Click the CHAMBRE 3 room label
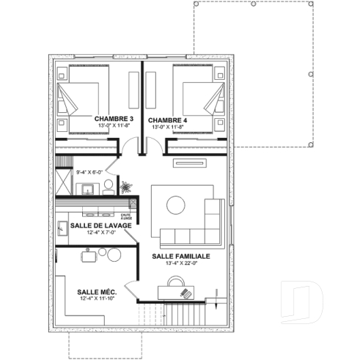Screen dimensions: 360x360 tap(113, 118)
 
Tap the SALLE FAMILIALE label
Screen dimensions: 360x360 tap(181, 256)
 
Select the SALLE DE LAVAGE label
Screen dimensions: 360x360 tap(101, 225)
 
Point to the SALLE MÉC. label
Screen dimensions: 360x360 tap(97, 291)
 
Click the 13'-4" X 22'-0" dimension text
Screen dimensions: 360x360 tap(181, 264)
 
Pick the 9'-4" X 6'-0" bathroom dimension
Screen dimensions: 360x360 tap(89, 172)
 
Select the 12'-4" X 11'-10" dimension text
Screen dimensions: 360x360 tap(97, 298)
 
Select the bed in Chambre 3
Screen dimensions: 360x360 tap(82, 98)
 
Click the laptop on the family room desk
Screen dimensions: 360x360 tap(185, 293)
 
